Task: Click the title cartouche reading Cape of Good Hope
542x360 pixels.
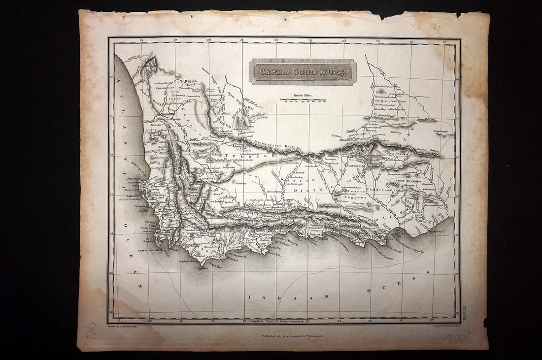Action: pos(301,72)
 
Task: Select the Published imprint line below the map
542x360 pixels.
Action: pos(286,334)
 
